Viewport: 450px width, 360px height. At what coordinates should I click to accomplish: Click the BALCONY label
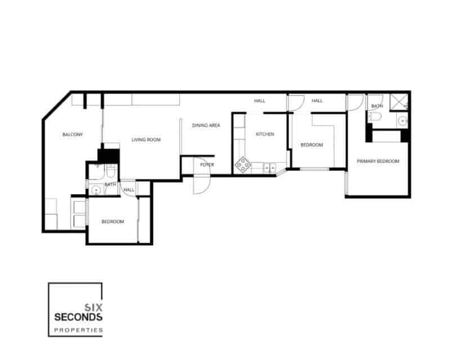73,134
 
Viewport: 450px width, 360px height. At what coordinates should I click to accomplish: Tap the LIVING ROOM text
146,139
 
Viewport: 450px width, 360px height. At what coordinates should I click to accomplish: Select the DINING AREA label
206,125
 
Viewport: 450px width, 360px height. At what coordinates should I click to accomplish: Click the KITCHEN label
264,134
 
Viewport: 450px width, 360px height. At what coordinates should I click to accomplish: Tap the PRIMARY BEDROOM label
377,161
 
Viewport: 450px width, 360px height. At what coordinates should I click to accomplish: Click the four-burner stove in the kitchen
243,164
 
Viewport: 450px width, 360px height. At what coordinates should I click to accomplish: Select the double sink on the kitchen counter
268,167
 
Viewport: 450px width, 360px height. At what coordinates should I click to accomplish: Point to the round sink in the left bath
96,190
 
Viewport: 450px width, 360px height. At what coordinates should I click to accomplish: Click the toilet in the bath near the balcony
111,171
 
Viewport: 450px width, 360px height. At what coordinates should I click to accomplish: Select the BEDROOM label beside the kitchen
312,145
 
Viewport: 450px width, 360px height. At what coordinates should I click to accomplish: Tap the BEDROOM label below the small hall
112,222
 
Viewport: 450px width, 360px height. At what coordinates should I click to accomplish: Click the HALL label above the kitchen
259,101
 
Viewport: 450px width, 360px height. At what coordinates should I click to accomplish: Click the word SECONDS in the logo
78,317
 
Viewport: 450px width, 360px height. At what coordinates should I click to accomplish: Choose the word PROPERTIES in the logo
78,330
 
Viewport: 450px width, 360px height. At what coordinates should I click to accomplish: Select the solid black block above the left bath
109,155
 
